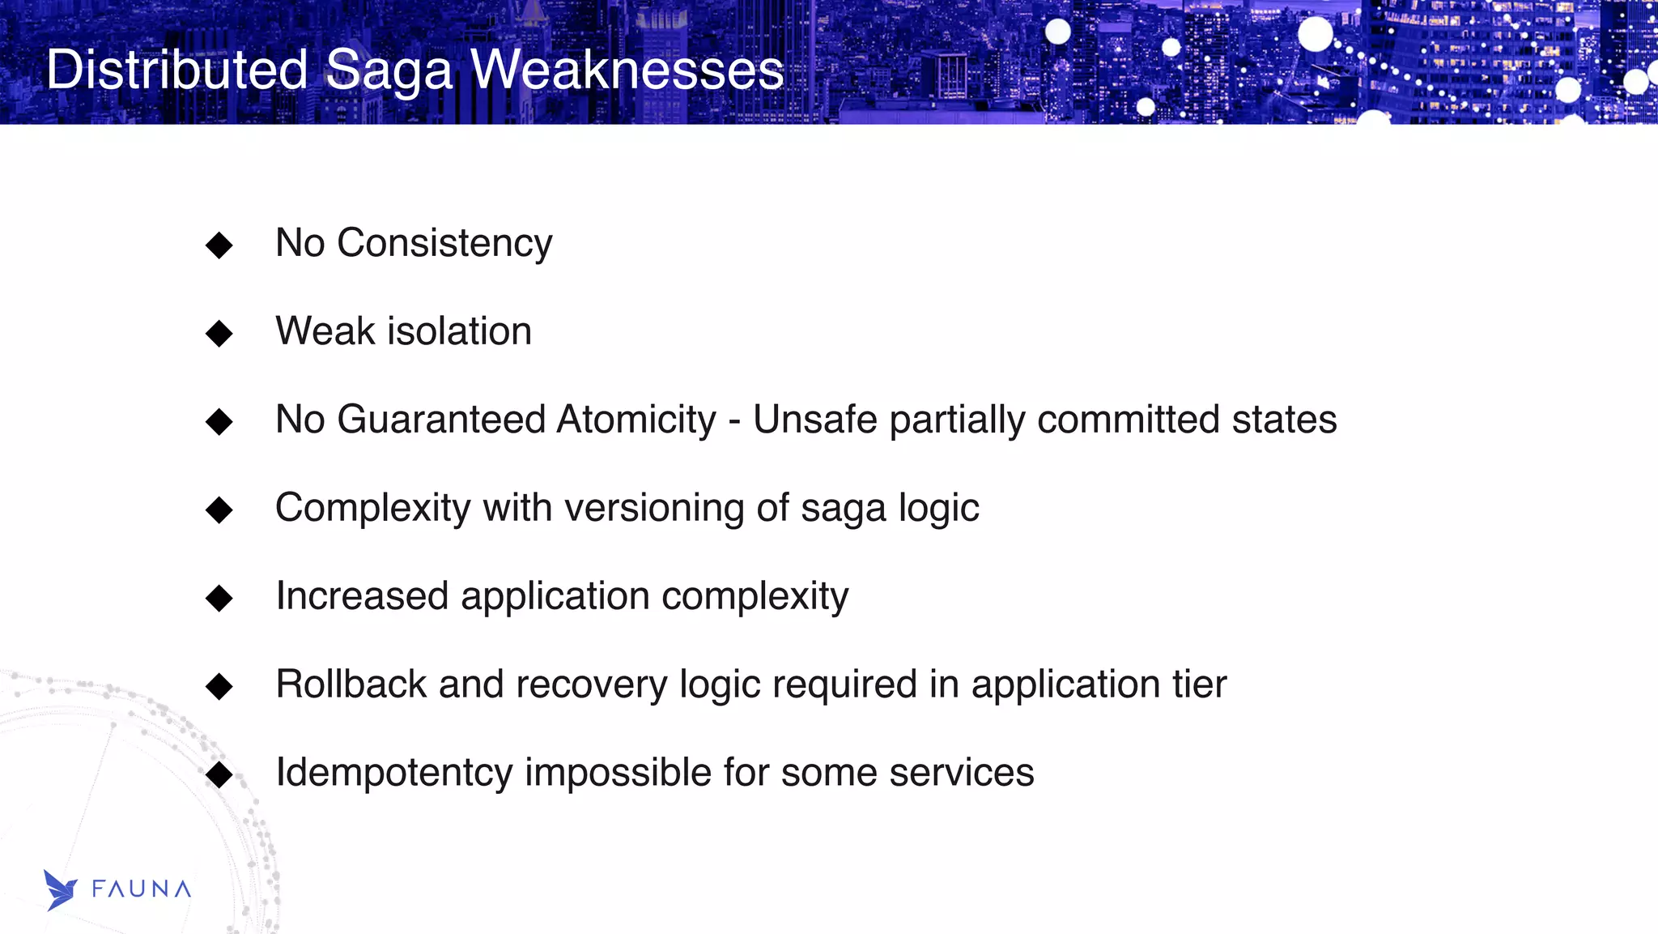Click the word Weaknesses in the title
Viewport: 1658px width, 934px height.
click(x=627, y=70)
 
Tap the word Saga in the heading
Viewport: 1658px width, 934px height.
click(x=389, y=70)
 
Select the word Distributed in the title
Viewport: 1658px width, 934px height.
click(x=176, y=70)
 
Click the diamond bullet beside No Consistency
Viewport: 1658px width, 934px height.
click(x=219, y=245)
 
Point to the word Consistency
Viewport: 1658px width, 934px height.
click(x=444, y=243)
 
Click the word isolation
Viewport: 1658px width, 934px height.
click(x=460, y=331)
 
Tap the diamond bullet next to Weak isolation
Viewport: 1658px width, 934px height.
click(x=219, y=333)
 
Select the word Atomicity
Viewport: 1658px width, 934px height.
click(x=636, y=420)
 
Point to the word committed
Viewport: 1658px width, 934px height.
click(x=1129, y=420)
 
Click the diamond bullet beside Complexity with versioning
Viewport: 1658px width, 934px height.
click(x=219, y=510)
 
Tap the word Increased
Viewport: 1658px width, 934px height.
click(x=362, y=596)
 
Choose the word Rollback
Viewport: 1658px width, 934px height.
click(x=351, y=685)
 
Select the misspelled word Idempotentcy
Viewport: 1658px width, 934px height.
click(x=393, y=773)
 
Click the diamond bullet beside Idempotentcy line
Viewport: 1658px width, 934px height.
click(x=219, y=774)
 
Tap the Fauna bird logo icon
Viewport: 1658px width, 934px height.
click(x=60, y=890)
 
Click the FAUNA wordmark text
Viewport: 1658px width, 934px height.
click(x=142, y=889)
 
